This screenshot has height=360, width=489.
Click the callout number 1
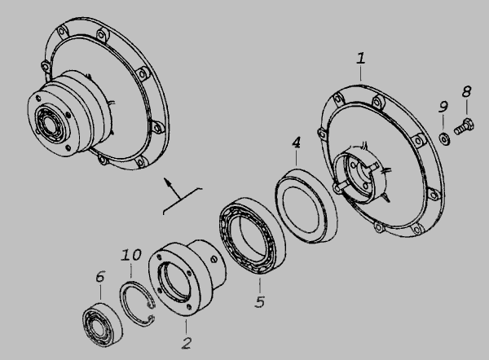pos(361,59)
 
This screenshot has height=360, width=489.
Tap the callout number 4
pos(297,143)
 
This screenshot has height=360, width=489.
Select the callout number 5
pos(260,302)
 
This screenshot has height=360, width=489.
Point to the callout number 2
pos(187,343)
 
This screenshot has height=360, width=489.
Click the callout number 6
pos(100,276)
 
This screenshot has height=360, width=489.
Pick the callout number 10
pos(131,255)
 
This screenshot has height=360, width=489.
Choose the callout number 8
pos(466,92)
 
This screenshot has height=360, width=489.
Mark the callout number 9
pos(443,107)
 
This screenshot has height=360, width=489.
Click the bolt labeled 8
pos(464,126)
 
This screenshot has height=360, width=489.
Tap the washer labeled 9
pos(444,138)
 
